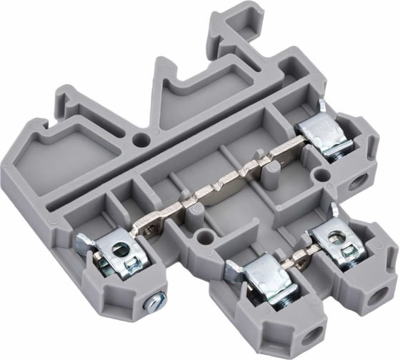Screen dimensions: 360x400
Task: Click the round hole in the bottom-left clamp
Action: pos(122,249)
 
